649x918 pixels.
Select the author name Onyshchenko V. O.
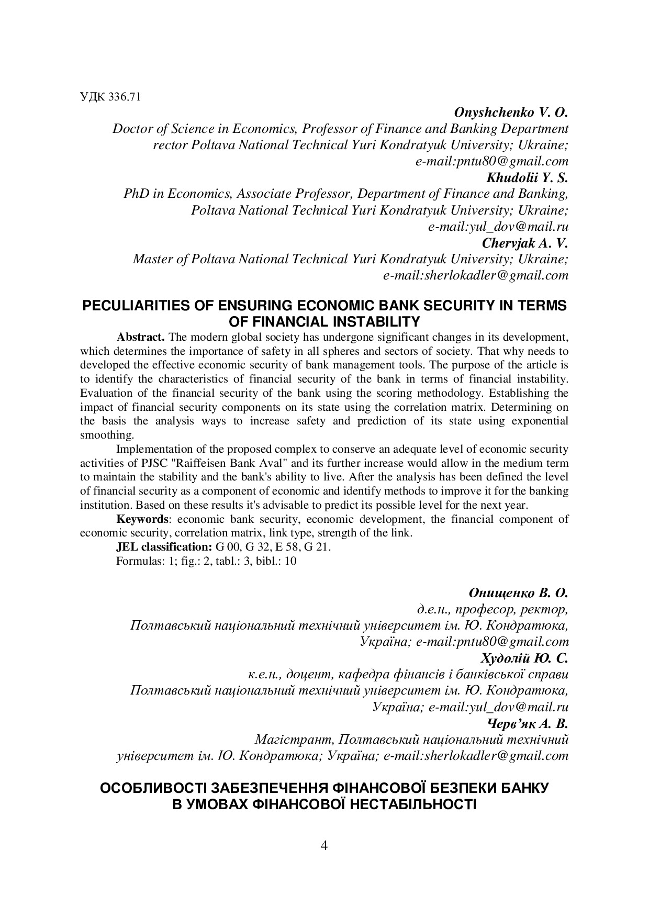click(x=510, y=113)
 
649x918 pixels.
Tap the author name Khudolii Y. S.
click(x=527, y=178)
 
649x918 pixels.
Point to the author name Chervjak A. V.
click(x=524, y=243)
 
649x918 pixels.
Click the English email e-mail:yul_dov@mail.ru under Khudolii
click(x=498, y=227)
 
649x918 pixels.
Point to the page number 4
click(x=324, y=845)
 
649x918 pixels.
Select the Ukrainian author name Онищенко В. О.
click(x=518, y=594)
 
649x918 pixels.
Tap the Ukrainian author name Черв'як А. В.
click(x=527, y=724)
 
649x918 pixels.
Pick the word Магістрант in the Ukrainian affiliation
click(x=294, y=740)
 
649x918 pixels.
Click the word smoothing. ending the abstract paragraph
click(x=107, y=435)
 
